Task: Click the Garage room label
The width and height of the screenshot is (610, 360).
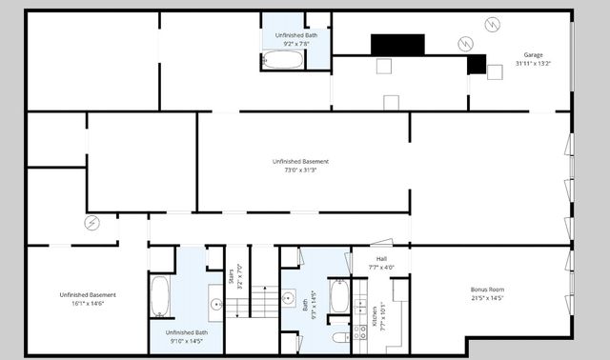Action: [x=533, y=54]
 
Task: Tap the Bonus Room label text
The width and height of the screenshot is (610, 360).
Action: [x=487, y=289]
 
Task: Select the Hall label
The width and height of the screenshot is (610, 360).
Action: [x=381, y=258]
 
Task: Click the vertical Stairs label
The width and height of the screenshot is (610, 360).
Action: [x=232, y=277]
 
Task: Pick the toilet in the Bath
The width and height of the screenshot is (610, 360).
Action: [x=337, y=338]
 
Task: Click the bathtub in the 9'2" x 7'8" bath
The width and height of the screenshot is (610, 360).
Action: [x=282, y=60]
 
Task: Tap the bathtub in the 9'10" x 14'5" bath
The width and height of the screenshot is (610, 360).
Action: [x=160, y=296]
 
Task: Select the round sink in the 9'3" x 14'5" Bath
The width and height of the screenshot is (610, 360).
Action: [x=289, y=295]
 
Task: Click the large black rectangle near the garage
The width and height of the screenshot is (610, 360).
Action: [x=397, y=44]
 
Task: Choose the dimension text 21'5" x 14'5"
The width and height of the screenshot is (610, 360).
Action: [x=487, y=298]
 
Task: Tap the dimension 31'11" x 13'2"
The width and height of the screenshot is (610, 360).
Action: [x=533, y=63]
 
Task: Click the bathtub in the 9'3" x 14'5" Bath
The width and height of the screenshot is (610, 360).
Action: [x=338, y=296]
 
